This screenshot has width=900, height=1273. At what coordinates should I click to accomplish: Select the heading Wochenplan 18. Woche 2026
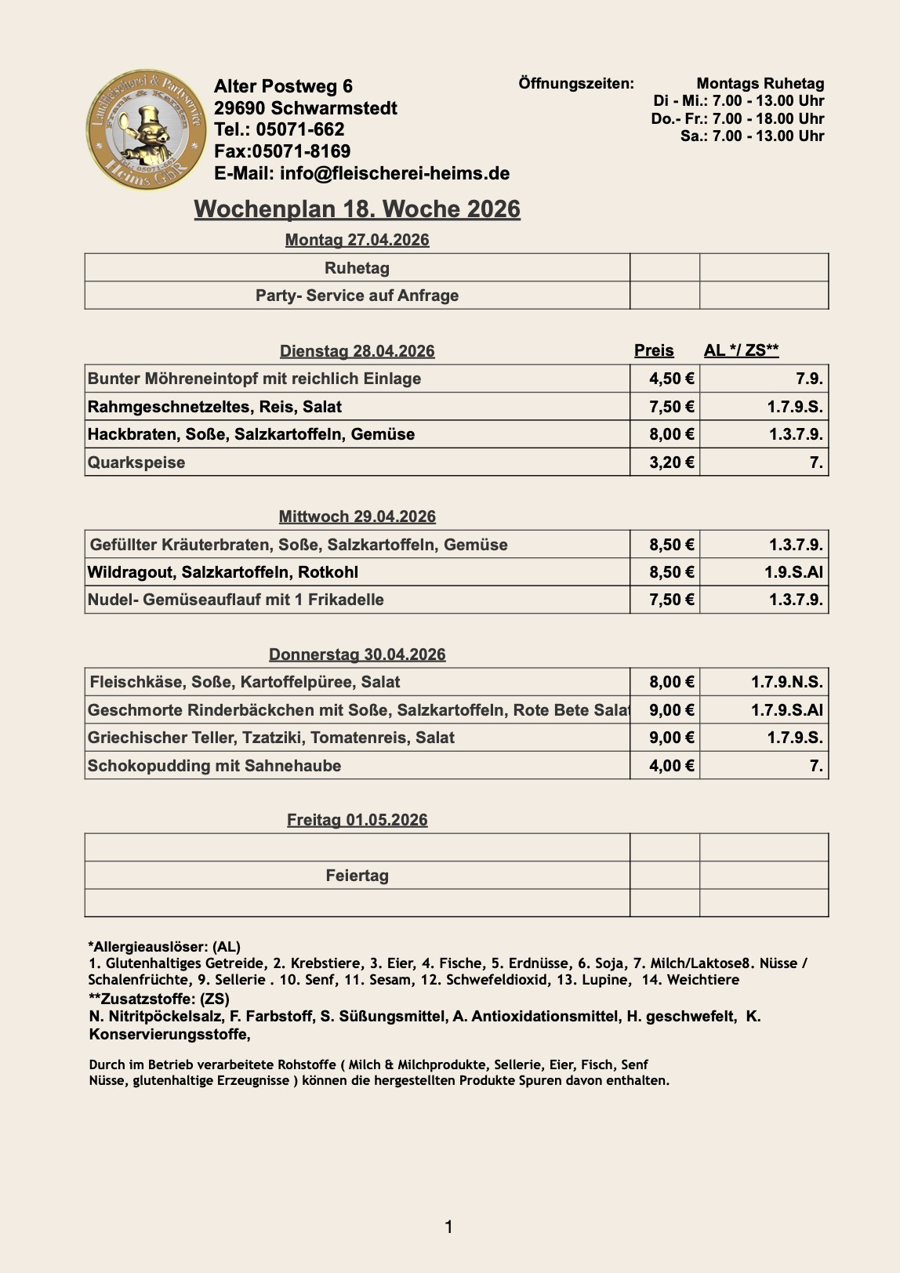(357, 209)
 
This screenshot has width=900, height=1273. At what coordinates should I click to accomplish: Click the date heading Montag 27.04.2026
(357, 240)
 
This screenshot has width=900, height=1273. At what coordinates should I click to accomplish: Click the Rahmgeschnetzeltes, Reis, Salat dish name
(215, 407)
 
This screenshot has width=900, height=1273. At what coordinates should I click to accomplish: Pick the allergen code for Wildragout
(793, 572)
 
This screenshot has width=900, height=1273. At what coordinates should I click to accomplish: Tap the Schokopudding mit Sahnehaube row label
(214, 766)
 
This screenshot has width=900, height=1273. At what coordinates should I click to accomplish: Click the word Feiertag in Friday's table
(357, 876)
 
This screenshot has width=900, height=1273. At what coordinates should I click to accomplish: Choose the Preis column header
(654, 350)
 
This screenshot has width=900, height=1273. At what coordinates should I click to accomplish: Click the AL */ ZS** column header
(741, 350)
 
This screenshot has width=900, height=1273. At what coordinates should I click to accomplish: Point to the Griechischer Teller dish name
(271, 738)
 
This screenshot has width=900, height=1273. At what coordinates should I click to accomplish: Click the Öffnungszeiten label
(576, 83)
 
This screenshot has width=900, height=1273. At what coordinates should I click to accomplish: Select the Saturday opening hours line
(752, 136)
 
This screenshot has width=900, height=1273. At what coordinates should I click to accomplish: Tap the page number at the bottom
(448, 1227)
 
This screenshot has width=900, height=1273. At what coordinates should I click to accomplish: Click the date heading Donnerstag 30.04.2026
(357, 655)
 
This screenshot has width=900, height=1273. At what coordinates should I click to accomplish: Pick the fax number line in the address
(282, 151)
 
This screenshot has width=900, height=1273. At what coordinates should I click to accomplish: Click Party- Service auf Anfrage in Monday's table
(357, 296)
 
